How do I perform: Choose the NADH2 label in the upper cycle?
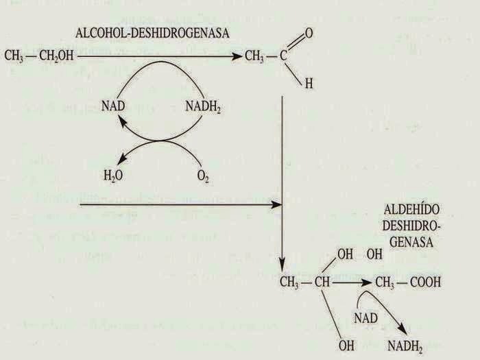(x=204, y=106)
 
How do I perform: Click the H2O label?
(x=113, y=176)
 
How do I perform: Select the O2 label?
(x=203, y=176)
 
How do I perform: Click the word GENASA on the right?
(x=409, y=242)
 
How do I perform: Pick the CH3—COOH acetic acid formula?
(x=407, y=282)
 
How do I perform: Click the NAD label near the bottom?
(x=366, y=317)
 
